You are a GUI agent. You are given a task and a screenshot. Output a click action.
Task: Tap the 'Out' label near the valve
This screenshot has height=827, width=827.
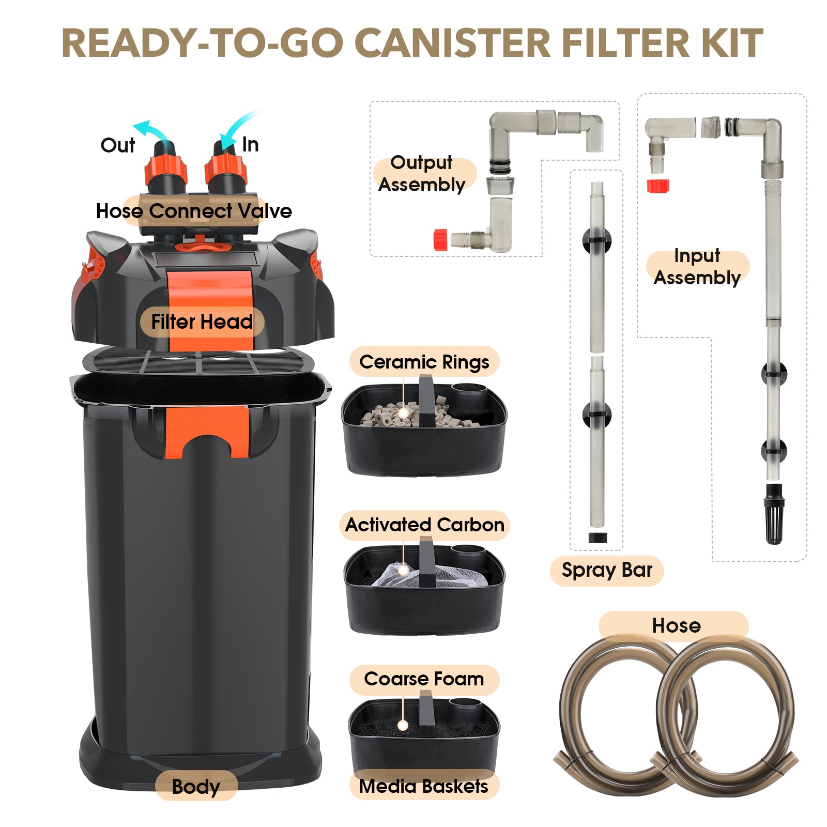pyautogui.click(x=118, y=145)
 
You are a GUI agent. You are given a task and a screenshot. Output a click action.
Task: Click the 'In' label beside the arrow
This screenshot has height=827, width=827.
pyautogui.click(x=250, y=145)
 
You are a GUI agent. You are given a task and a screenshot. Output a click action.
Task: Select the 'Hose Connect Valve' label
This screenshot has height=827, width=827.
pyautogui.click(x=194, y=211)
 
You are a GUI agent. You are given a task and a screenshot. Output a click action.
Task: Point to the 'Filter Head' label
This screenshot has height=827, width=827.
pyautogui.click(x=202, y=321)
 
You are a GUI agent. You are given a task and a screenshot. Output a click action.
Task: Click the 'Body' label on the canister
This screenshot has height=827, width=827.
pyautogui.click(x=196, y=786)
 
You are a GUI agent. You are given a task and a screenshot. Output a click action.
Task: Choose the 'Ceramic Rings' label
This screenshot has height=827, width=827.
pyautogui.click(x=424, y=362)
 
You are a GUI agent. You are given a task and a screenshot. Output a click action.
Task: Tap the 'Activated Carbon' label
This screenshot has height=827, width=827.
pyautogui.click(x=424, y=525)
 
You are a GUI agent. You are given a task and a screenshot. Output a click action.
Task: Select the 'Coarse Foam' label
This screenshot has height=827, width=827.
pyautogui.click(x=424, y=679)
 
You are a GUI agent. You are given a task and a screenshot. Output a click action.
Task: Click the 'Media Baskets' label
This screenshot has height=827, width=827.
pyautogui.click(x=423, y=786)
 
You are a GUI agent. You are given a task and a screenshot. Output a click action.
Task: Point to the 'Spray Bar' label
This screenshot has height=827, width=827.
pyautogui.click(x=607, y=571)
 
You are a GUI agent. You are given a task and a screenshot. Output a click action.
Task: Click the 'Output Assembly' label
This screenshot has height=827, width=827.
pyautogui.click(x=422, y=174)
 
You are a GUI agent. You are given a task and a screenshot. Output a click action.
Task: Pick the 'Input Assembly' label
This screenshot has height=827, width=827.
pyautogui.click(x=697, y=267)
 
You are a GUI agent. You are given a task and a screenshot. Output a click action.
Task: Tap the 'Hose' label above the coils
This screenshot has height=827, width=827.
pyautogui.click(x=676, y=625)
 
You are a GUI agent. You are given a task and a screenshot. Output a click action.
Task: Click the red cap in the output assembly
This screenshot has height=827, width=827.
pyautogui.click(x=440, y=240)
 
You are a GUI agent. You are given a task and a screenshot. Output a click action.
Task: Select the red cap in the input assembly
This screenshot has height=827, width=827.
pyautogui.click(x=658, y=186)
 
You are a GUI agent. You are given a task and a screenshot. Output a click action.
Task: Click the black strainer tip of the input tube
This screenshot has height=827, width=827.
pyautogui.click(x=774, y=514)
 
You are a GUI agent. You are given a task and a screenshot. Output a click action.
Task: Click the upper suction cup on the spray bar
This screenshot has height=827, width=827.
pyautogui.click(x=597, y=240)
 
